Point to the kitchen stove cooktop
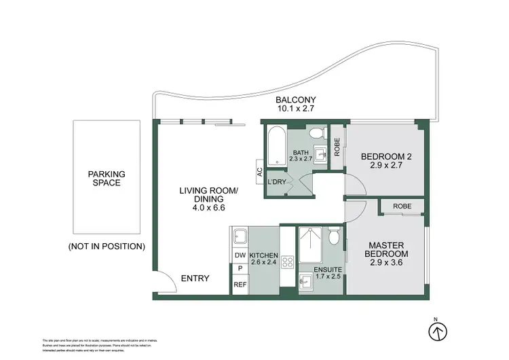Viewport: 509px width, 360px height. point(286,262)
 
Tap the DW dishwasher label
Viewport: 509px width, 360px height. point(240,255)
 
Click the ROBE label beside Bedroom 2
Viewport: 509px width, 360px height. point(337,146)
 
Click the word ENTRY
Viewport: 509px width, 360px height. point(195,278)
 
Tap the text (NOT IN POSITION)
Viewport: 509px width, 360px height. point(107,246)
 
